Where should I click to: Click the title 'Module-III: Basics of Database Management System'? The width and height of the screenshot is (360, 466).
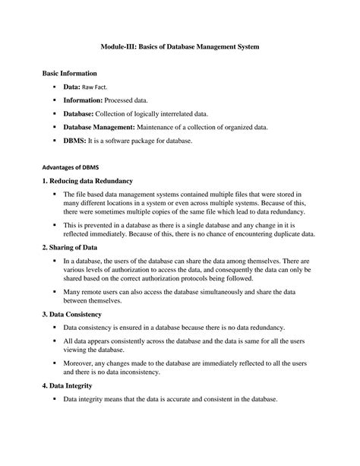(180, 47)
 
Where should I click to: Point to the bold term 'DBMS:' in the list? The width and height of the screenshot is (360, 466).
(74, 141)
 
